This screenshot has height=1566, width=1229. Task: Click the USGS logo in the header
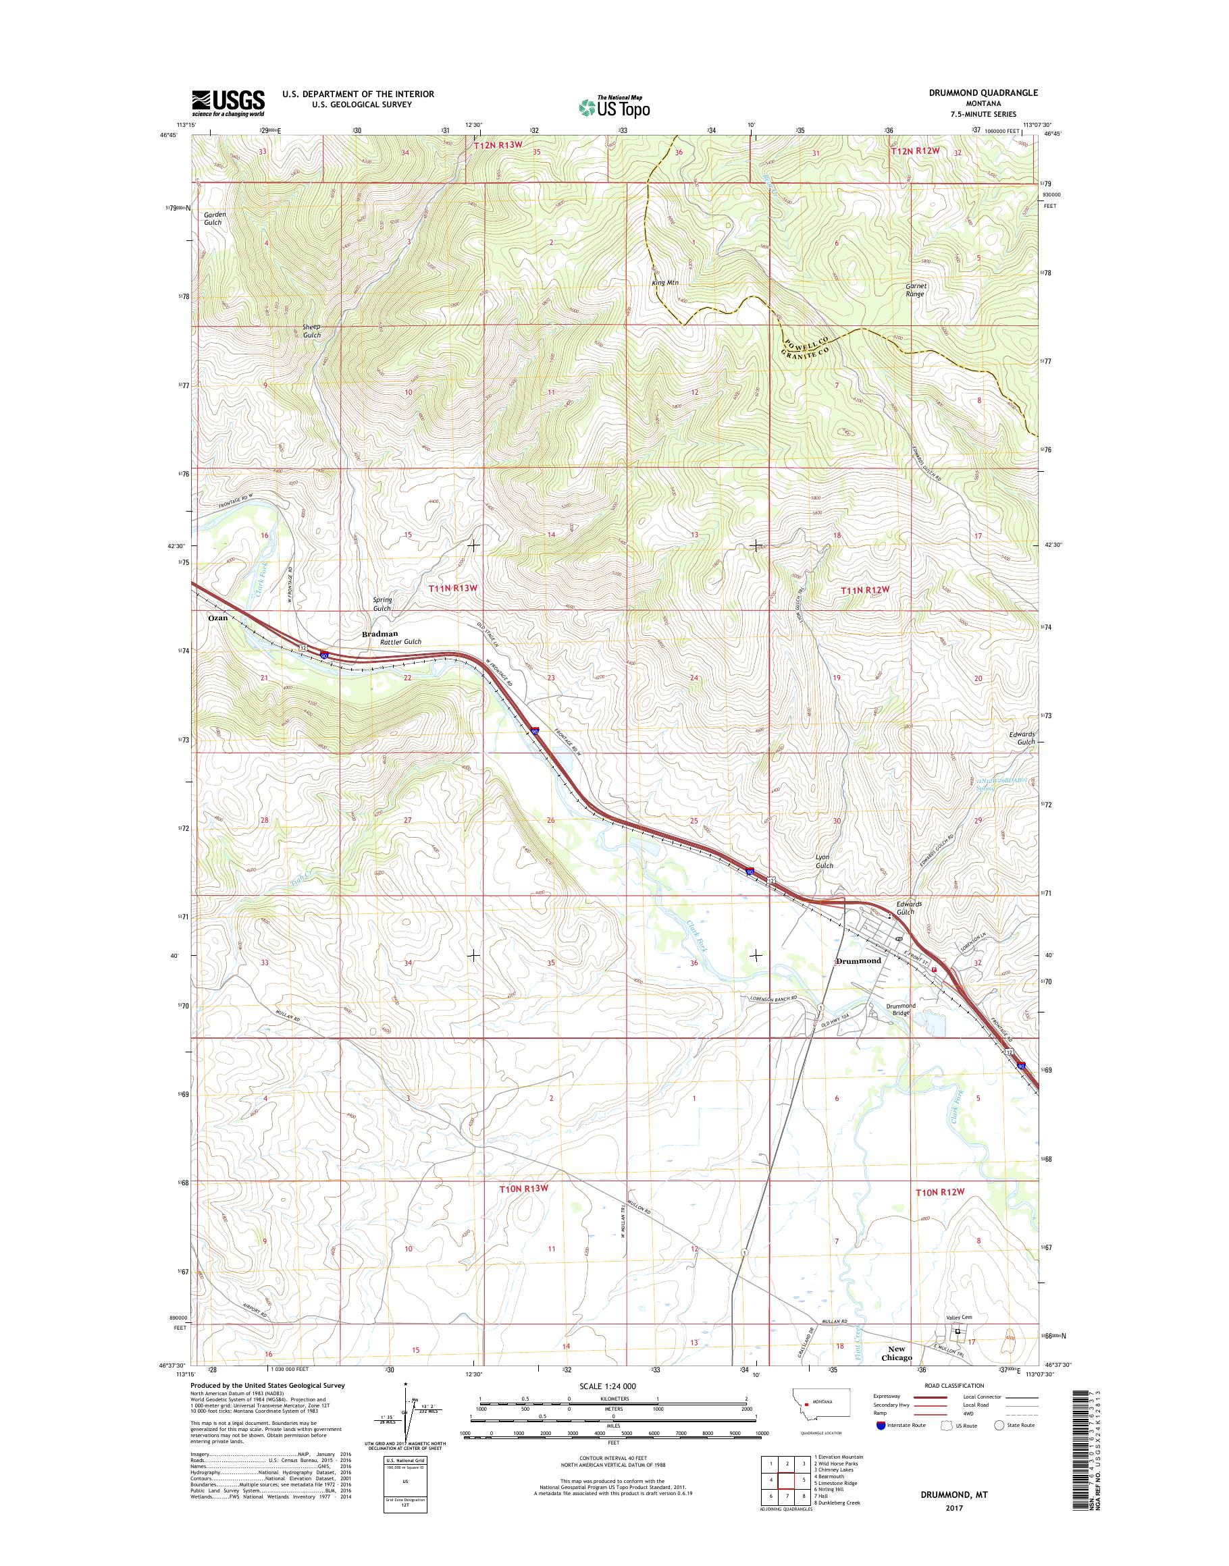tap(228, 103)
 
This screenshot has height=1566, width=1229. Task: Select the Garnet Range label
tap(916, 290)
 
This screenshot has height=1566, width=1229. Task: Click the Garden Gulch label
tap(213, 219)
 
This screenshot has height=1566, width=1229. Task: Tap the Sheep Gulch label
tap(311, 331)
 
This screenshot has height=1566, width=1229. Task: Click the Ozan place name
tap(217, 618)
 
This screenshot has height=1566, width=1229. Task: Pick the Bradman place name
tap(380, 634)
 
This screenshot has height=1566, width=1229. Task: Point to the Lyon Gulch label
tap(824, 862)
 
